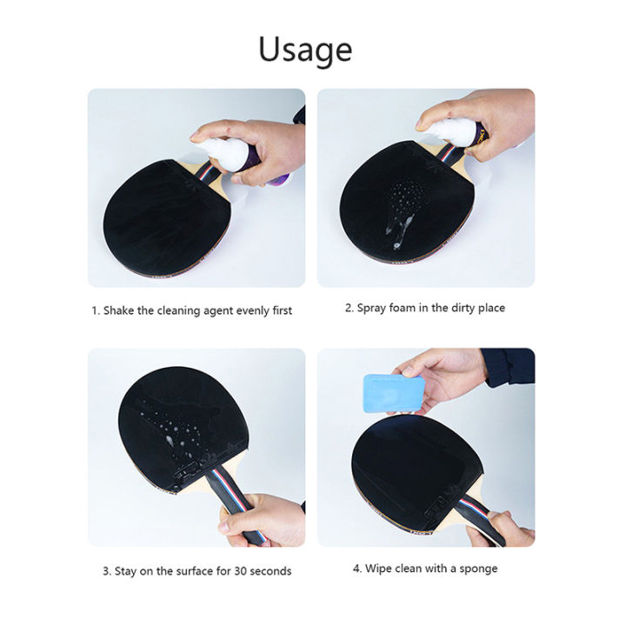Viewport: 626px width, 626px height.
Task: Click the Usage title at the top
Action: tap(304, 50)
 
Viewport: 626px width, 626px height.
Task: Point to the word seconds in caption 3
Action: tap(270, 571)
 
